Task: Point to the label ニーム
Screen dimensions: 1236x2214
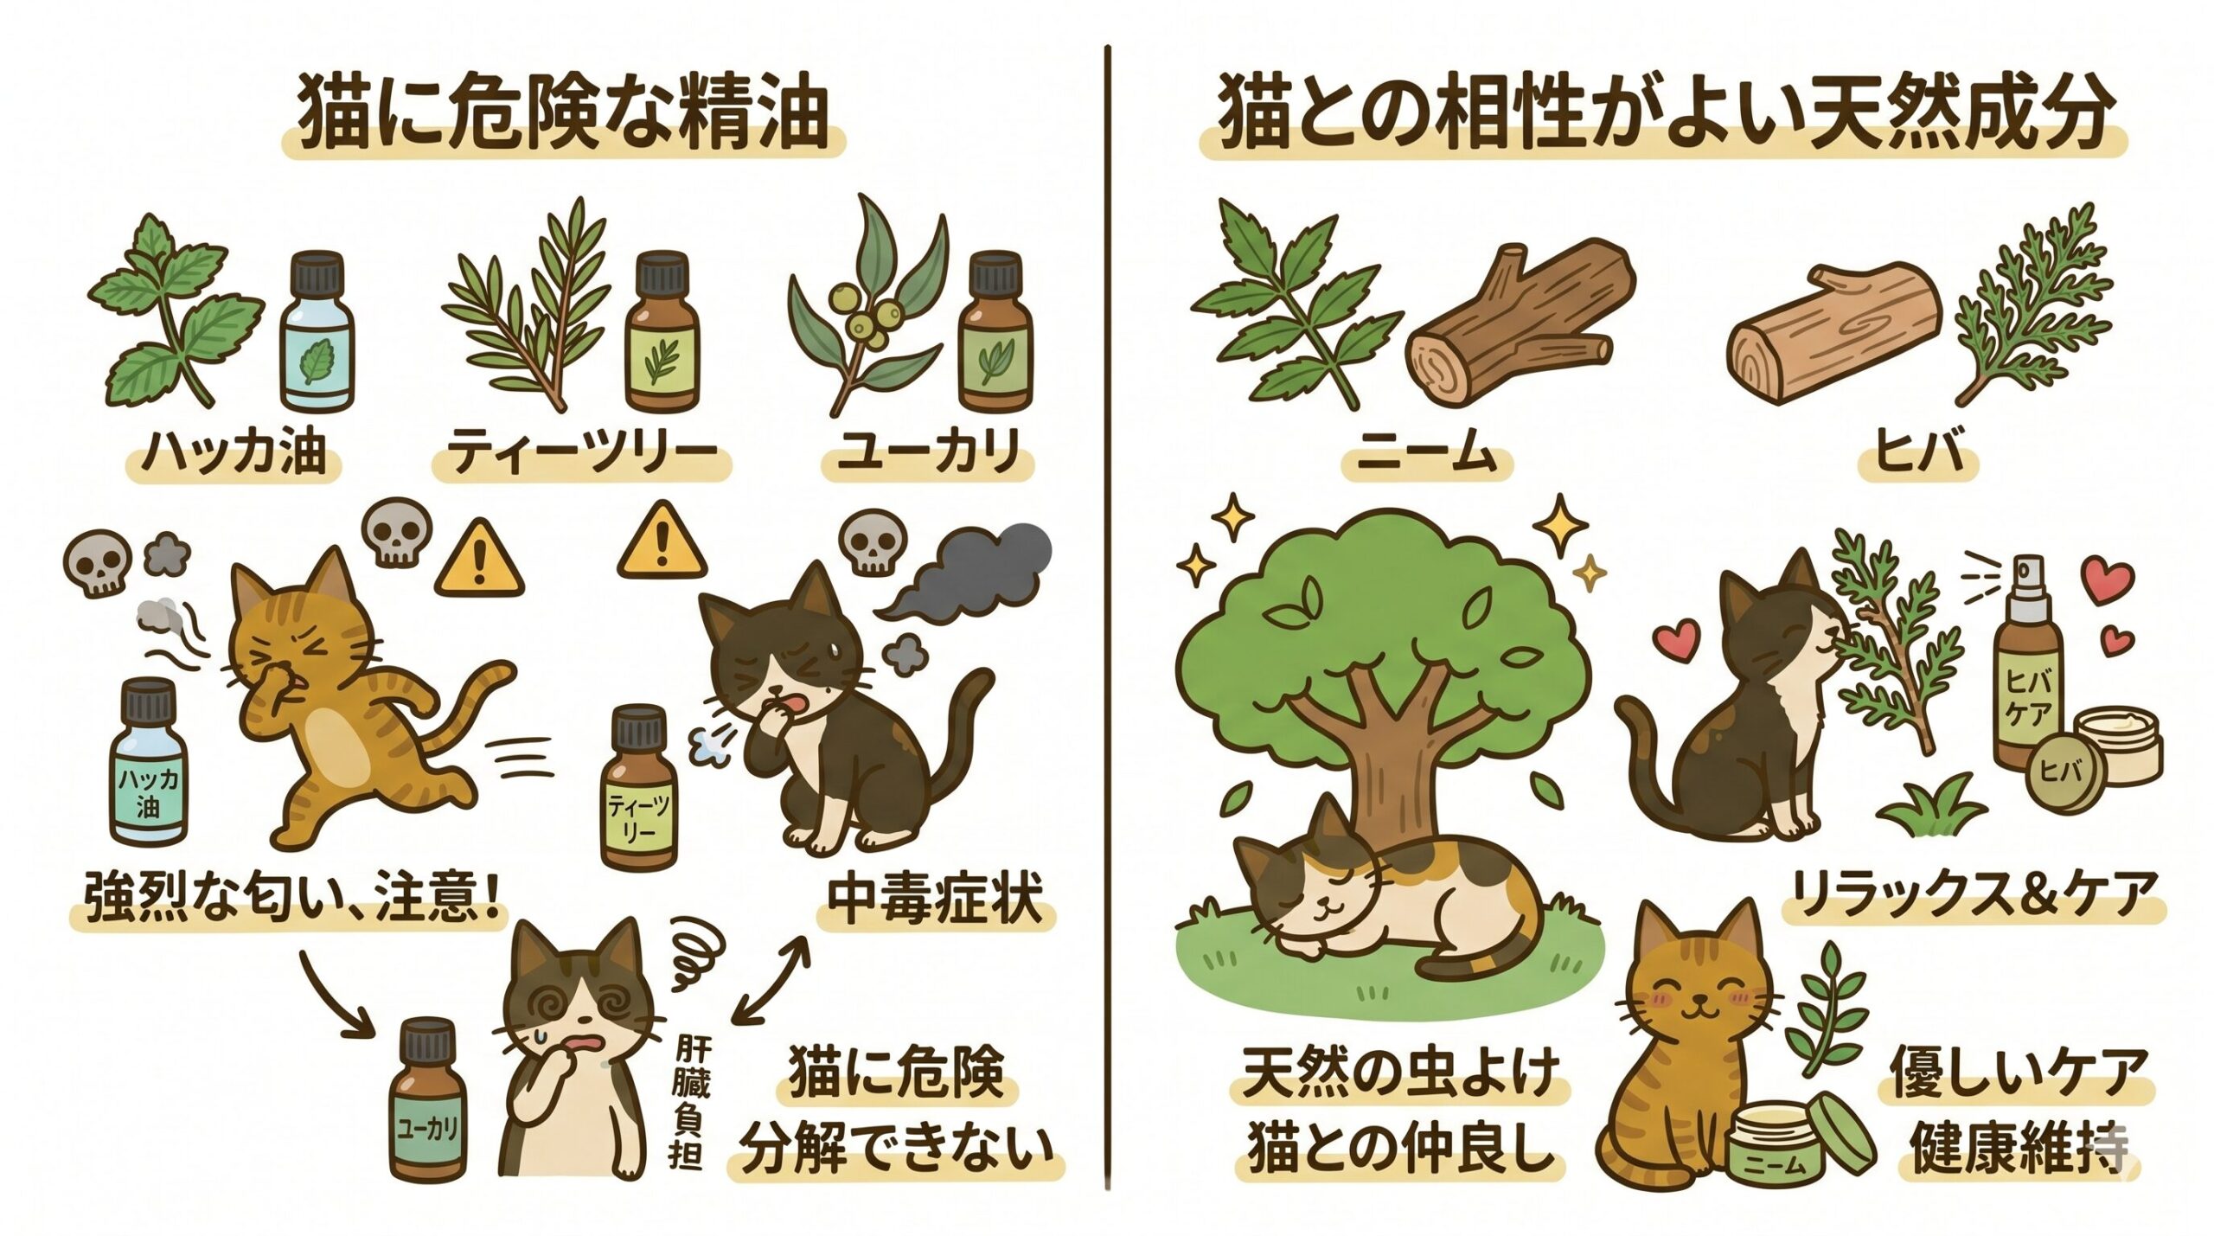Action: click(1426, 452)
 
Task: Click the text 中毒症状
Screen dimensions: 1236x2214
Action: click(935, 901)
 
